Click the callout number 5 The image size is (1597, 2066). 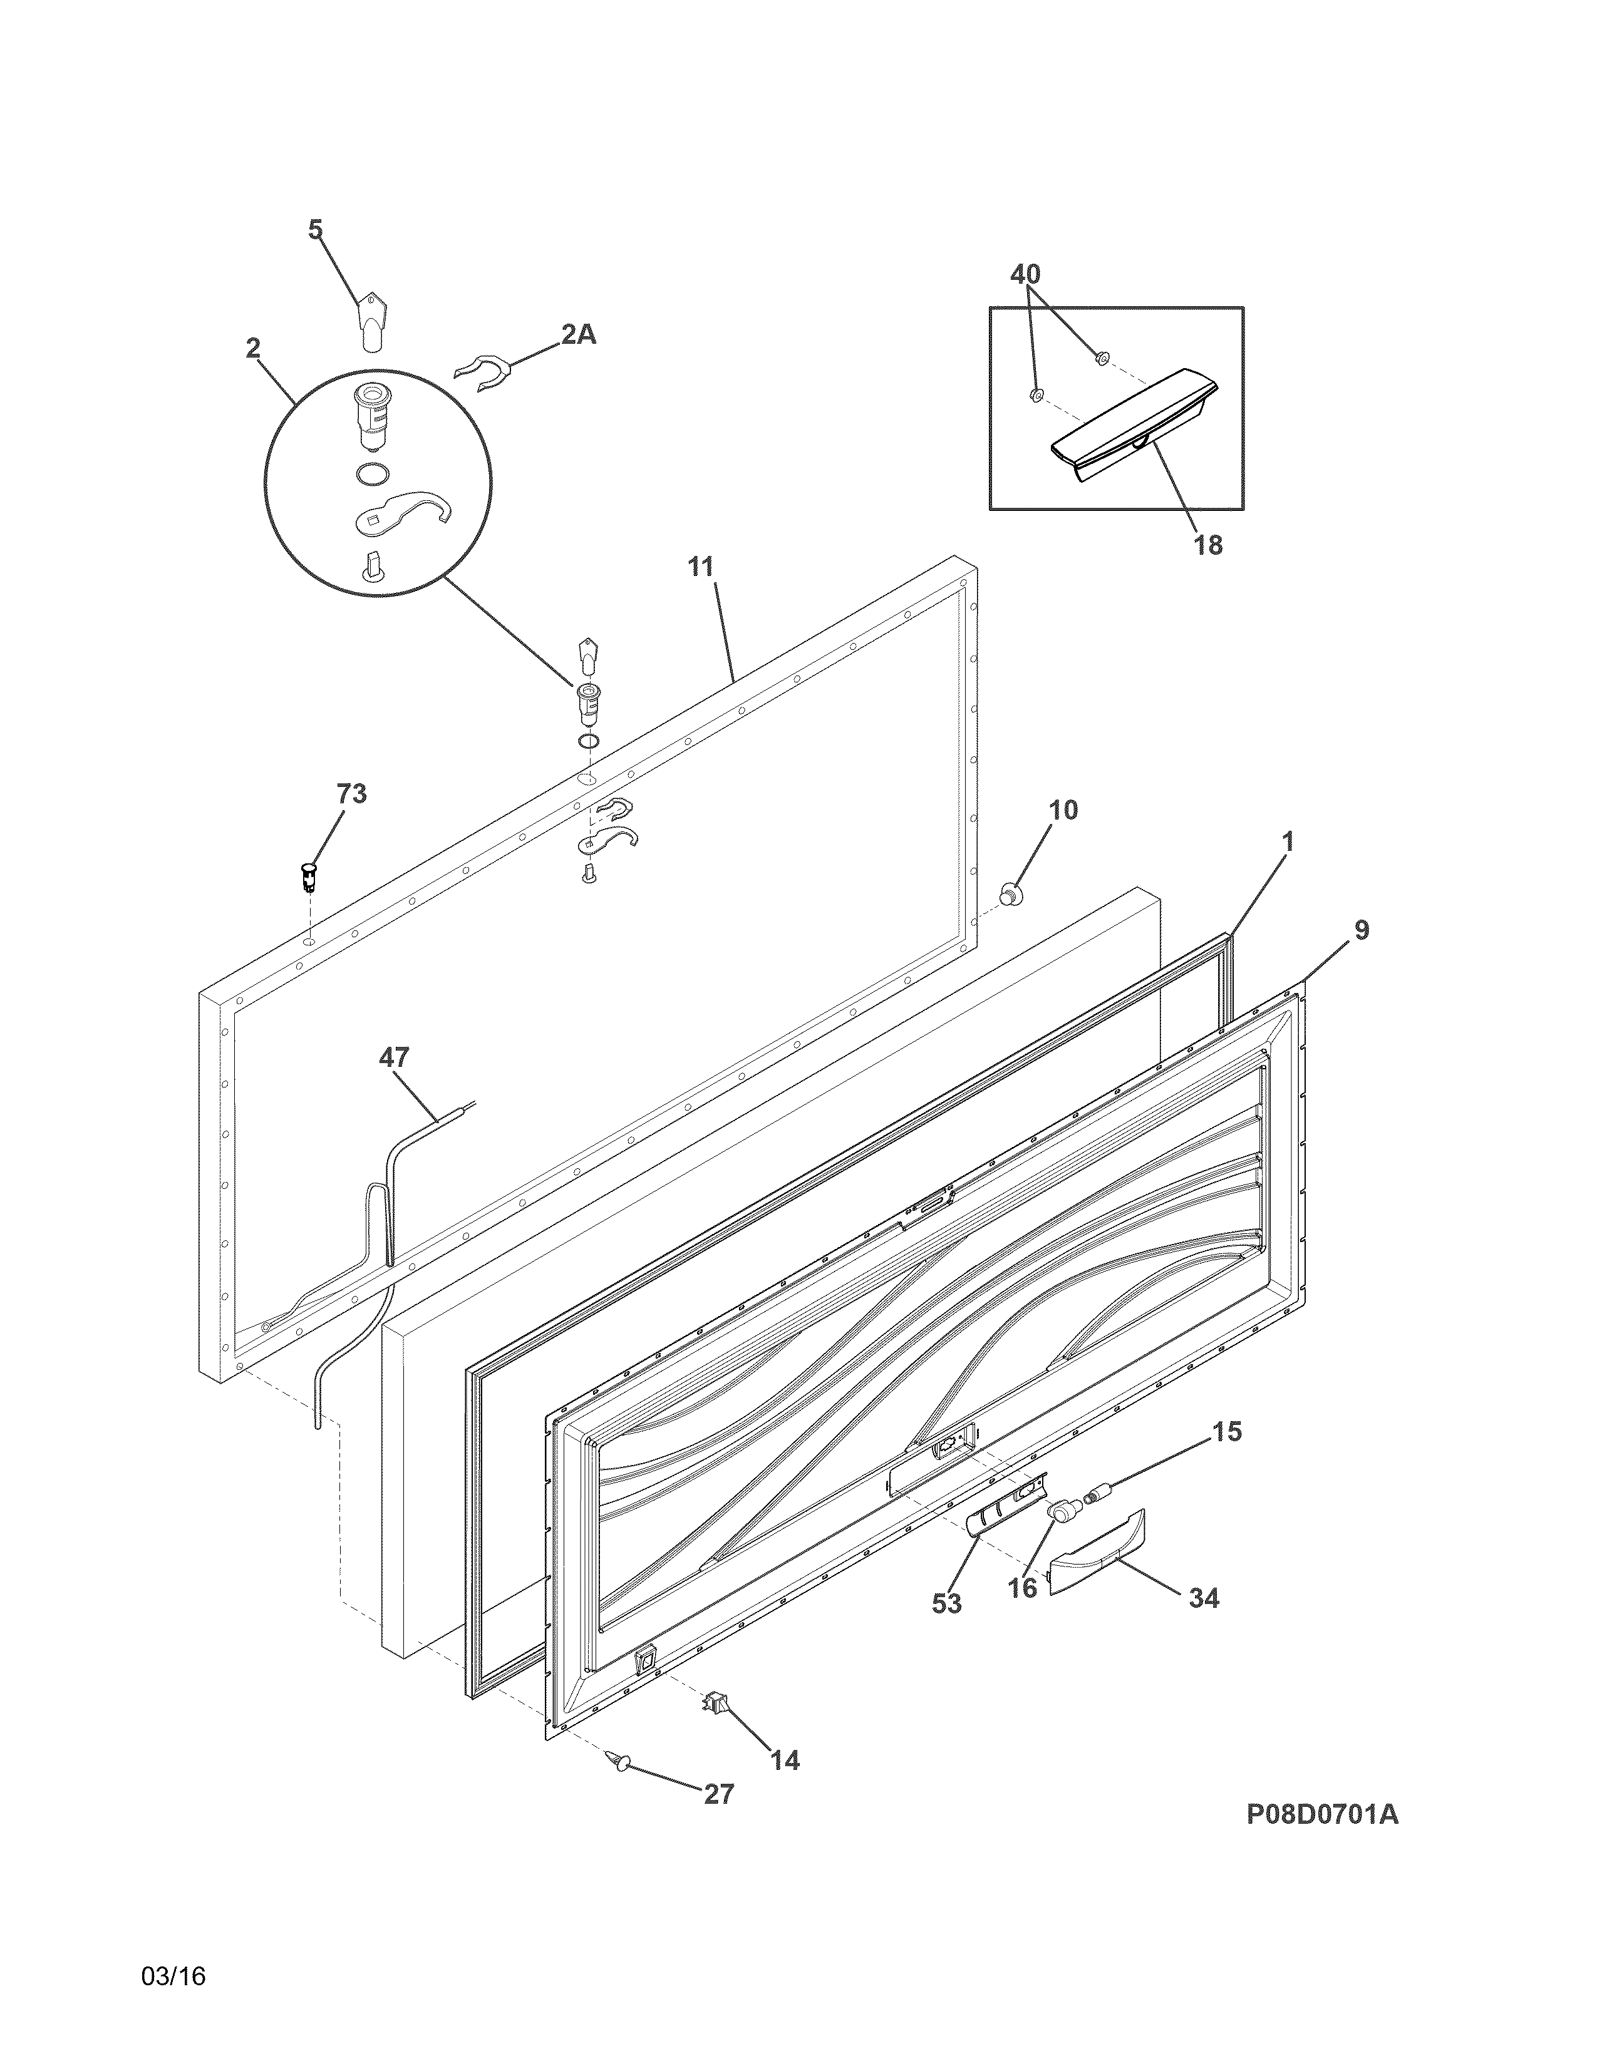pos(315,230)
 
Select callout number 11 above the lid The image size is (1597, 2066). pos(701,568)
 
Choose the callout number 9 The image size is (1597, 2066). pos(1360,930)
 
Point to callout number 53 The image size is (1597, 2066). pos(946,1603)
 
